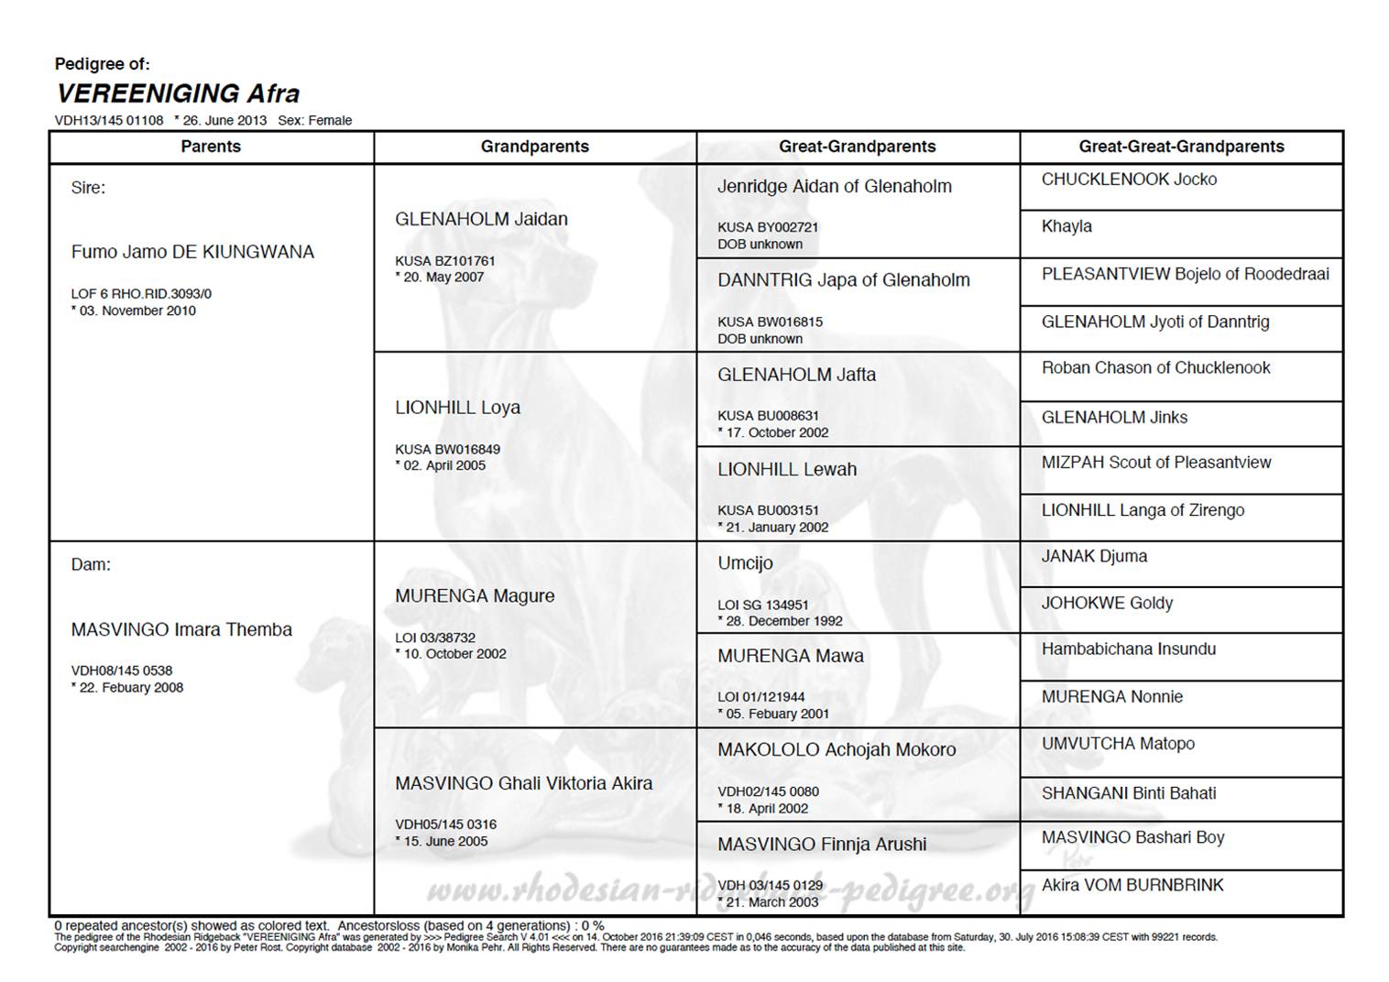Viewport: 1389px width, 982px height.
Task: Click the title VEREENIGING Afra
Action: coord(178,93)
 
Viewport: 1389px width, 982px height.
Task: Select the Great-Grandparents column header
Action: coord(857,147)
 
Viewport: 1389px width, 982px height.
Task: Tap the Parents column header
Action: coord(211,147)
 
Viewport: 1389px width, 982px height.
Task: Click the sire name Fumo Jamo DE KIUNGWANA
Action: coord(192,252)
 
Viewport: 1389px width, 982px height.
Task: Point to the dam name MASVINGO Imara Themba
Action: coord(181,629)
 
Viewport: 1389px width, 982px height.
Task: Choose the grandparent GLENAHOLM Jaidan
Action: coord(481,219)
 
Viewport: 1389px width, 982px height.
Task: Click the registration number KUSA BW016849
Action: coord(447,449)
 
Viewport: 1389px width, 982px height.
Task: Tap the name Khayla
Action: coord(1066,226)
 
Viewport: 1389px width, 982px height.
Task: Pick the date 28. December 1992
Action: coord(784,621)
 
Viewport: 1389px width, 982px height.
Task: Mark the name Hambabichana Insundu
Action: coord(1129,649)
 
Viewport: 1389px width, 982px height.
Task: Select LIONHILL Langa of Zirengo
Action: coord(1143,510)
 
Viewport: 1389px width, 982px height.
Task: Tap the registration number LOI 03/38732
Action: coord(435,638)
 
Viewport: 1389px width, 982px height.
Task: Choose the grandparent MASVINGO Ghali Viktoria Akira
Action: coord(523,783)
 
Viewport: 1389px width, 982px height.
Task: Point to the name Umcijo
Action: coord(745,562)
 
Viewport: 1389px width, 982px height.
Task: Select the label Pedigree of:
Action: coord(102,64)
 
